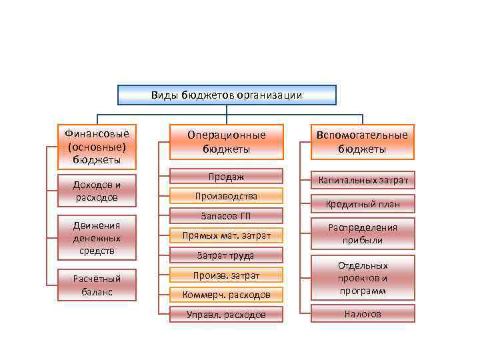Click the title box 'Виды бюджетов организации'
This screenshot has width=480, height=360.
click(227, 95)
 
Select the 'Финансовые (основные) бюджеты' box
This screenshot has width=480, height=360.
click(97, 146)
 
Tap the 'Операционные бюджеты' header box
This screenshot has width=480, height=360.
click(226, 142)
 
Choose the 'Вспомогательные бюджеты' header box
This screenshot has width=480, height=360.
click(362, 142)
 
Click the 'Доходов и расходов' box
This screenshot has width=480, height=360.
click(97, 191)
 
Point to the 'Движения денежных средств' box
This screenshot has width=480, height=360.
click(97, 238)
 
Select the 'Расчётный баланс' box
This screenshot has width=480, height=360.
click(97, 285)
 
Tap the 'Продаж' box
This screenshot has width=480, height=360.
click(226, 176)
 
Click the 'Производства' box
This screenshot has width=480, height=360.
click(226, 196)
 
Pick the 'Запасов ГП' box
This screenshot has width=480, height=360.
click(226, 215)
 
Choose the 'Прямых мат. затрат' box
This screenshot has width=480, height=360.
click(226, 235)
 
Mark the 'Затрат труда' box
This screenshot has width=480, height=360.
click(226, 255)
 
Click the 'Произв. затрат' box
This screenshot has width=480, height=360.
click(226, 275)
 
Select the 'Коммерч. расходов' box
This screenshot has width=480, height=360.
click(226, 294)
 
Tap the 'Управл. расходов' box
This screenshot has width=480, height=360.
click(226, 314)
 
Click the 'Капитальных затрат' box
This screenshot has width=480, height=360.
click(362, 180)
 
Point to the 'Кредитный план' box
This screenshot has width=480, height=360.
click(362, 204)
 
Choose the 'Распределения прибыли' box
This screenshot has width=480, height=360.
click(362, 233)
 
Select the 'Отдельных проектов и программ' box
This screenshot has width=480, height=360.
click(362, 277)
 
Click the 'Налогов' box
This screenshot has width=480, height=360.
click(362, 313)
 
